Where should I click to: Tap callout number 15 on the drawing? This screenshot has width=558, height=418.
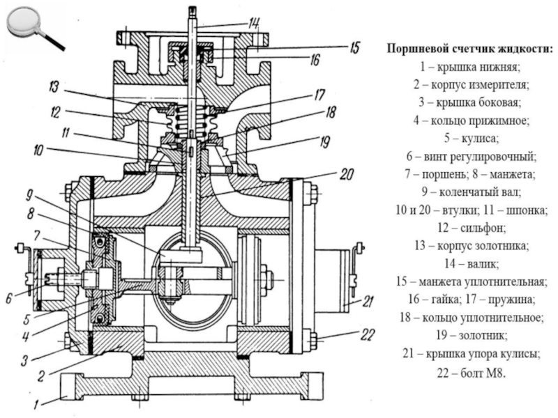[x=354, y=48]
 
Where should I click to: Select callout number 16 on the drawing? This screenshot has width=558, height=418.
[x=315, y=61]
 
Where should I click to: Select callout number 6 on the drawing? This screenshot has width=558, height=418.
[x=10, y=297]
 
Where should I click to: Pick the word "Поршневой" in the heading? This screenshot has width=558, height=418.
[x=418, y=49]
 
